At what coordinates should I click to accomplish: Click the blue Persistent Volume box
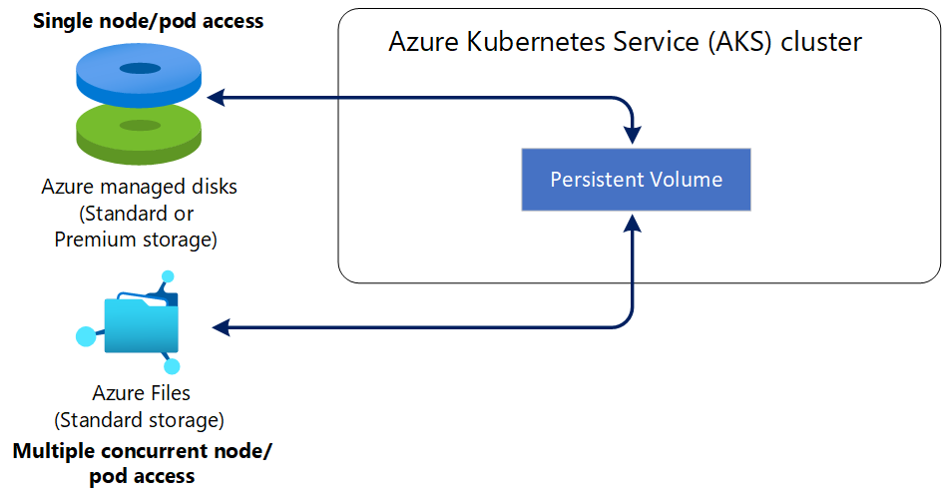pyautogui.click(x=636, y=180)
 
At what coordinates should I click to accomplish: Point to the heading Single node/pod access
pyautogui.click(x=149, y=21)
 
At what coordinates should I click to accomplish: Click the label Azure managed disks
pyautogui.click(x=139, y=187)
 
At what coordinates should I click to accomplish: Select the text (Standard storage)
pyautogui.click(x=139, y=418)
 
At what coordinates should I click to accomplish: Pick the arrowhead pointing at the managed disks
pyautogui.click(x=215, y=97)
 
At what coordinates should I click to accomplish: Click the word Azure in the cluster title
pyautogui.click(x=423, y=42)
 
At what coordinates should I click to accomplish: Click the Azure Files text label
pyautogui.click(x=141, y=393)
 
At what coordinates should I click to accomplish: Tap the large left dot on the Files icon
pyautogui.click(x=87, y=335)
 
